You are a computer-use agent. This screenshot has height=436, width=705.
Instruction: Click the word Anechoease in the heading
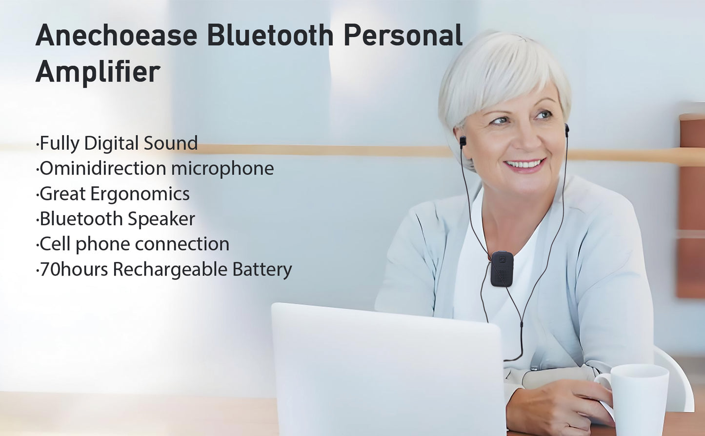click(x=116, y=36)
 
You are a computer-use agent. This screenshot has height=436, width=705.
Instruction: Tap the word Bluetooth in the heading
click(x=270, y=36)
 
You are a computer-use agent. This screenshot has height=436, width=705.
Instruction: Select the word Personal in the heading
click(x=403, y=36)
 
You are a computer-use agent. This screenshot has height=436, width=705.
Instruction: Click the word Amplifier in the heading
click(x=98, y=72)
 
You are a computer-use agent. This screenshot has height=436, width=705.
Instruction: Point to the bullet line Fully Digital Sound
click(x=117, y=143)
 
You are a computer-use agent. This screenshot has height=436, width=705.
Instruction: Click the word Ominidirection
click(x=102, y=168)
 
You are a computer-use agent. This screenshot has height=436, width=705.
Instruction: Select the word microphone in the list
click(x=222, y=169)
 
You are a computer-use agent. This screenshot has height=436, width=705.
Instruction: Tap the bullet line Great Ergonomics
click(x=113, y=194)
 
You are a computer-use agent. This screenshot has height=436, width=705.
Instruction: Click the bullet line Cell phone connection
click(x=133, y=244)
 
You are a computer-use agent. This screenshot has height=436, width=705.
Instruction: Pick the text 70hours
click(x=73, y=269)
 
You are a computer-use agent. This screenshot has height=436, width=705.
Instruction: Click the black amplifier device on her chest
click(x=502, y=269)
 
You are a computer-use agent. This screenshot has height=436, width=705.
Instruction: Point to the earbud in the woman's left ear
click(x=567, y=130)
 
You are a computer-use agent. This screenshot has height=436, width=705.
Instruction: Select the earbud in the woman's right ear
click(x=463, y=141)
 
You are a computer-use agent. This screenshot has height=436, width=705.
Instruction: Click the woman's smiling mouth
click(x=524, y=164)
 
